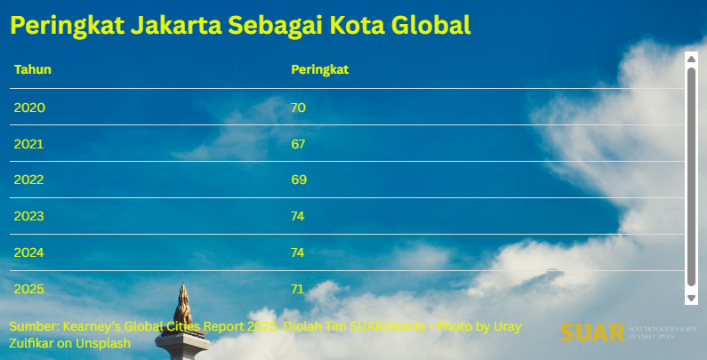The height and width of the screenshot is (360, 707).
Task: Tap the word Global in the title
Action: coord(432,25)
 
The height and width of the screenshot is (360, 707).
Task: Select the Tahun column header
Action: coord(33,69)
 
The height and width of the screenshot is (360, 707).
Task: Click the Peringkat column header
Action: coord(319,69)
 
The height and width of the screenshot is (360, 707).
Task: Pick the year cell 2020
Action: coord(29,108)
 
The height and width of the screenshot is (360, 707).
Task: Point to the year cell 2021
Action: coord(29,144)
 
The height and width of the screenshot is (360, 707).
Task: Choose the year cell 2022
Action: coord(29,180)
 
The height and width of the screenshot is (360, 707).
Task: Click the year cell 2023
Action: coord(29,216)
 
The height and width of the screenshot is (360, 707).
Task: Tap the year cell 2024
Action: coord(29,252)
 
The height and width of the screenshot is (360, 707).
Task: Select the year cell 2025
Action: coord(29,289)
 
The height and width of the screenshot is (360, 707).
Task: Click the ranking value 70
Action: coord(299,108)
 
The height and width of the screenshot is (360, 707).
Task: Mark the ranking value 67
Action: coord(299,144)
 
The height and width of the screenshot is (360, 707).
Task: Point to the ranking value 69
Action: coord(299,180)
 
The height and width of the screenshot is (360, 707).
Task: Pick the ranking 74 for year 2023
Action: coord(299,216)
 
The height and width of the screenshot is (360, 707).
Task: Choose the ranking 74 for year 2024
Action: coord(299,252)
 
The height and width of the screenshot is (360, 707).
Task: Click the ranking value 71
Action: coord(299,289)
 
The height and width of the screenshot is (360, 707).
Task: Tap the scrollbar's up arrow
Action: coord(691,59)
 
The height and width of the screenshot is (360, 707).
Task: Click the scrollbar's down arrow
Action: coord(691,298)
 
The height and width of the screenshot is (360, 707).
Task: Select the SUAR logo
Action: coord(592,332)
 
